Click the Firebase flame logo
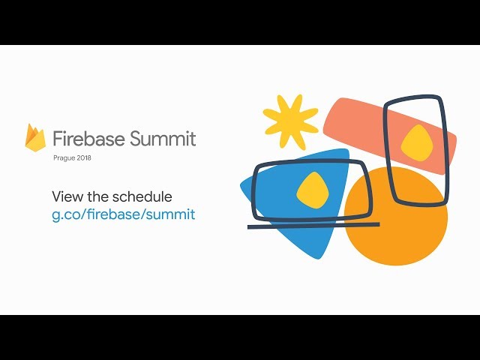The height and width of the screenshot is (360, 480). (x=35, y=137)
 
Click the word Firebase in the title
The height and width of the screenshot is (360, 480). (x=89, y=138)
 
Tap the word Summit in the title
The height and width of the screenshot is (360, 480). (x=163, y=138)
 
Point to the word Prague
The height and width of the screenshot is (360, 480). (x=64, y=158)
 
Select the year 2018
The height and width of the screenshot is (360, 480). (x=84, y=158)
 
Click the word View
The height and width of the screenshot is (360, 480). (x=67, y=196)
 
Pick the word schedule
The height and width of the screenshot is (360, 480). (x=142, y=196)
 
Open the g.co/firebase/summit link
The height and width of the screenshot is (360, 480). (x=123, y=214)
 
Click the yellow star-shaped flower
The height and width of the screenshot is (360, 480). (x=290, y=121)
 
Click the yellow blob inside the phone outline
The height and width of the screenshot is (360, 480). (x=417, y=143)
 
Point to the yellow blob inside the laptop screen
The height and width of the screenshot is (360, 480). (x=313, y=190)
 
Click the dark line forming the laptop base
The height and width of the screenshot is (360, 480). (x=313, y=226)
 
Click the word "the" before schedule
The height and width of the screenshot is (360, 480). (x=98, y=196)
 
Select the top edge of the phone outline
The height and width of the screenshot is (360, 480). (x=413, y=99)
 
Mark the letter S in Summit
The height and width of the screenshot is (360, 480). (x=136, y=138)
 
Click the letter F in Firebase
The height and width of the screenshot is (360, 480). (x=58, y=138)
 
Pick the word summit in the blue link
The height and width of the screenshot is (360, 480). (x=170, y=213)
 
